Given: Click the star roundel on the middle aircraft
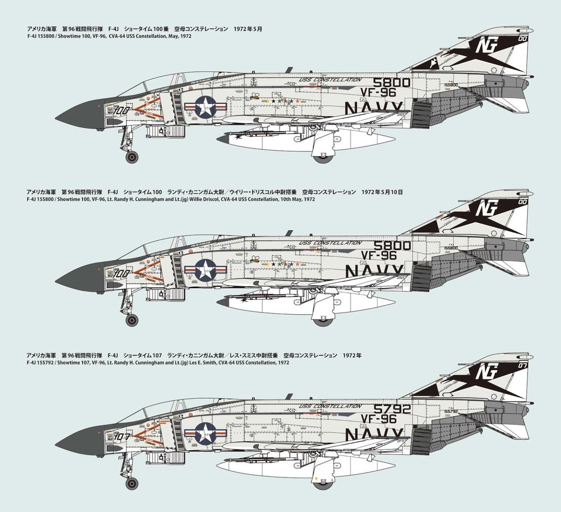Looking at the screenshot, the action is (x=205, y=270).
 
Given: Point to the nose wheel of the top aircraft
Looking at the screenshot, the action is (x=132, y=157).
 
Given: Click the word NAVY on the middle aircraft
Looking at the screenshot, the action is (x=374, y=271).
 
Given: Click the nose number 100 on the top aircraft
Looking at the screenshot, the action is (x=122, y=110).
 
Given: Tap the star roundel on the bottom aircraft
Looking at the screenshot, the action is (x=205, y=433).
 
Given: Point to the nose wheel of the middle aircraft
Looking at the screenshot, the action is (x=132, y=320).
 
